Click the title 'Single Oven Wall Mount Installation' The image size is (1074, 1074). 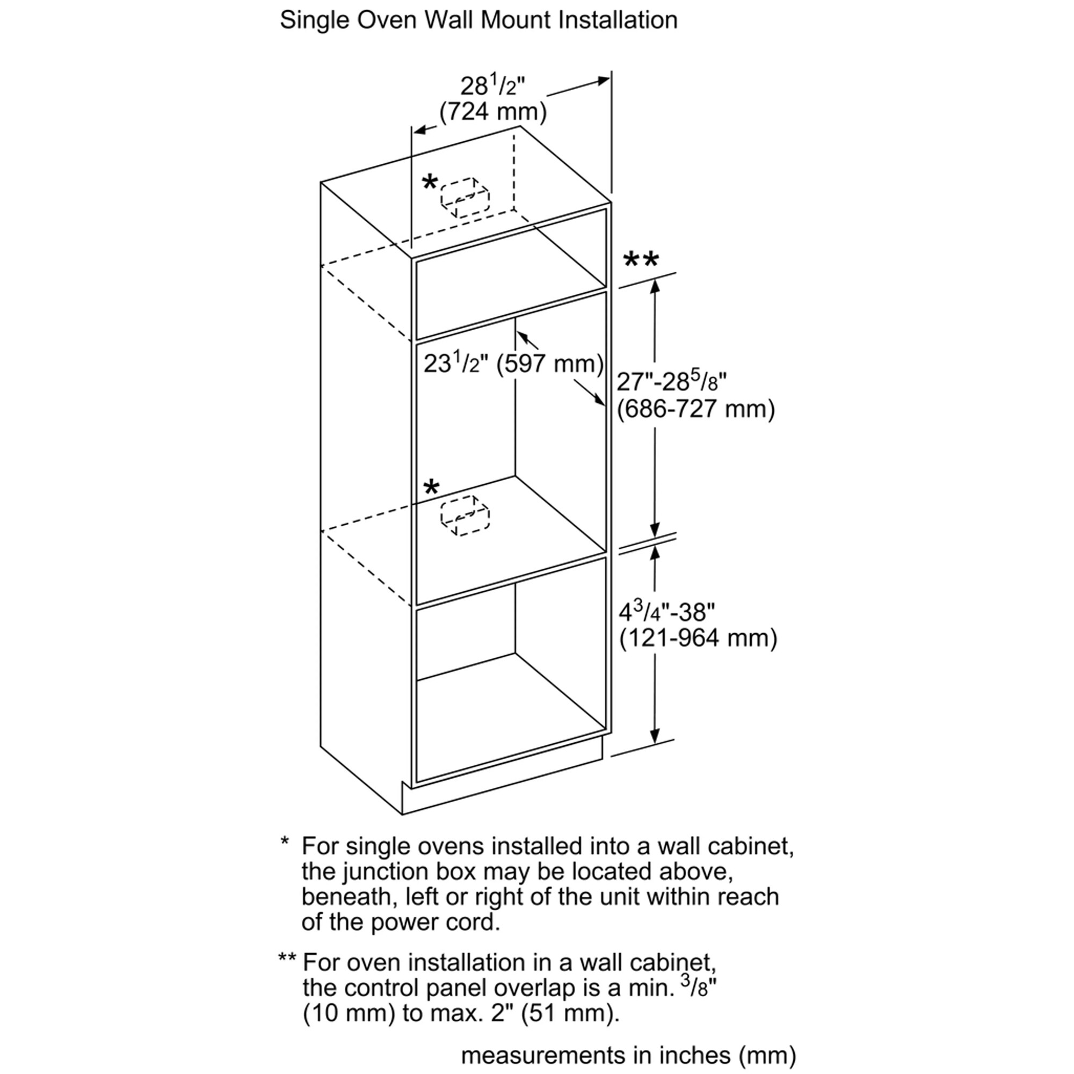tap(478, 20)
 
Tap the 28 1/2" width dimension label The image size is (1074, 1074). tap(492, 86)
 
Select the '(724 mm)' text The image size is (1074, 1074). tap(493, 112)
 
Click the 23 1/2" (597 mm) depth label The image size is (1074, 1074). tap(513, 364)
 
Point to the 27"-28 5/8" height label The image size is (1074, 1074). tap(672, 381)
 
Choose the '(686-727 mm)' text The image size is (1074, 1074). tap(696, 409)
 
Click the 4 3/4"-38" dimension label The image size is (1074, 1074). tap(666, 612)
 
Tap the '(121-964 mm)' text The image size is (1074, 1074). tap(698, 638)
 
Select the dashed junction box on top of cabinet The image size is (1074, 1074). tap(465, 197)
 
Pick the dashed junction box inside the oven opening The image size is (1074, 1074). tap(465, 515)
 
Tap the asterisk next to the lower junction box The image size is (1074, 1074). tap(431, 489)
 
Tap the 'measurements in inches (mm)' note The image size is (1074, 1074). tap(628, 1055)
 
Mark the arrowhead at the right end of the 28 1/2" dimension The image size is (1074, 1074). tap(604, 81)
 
